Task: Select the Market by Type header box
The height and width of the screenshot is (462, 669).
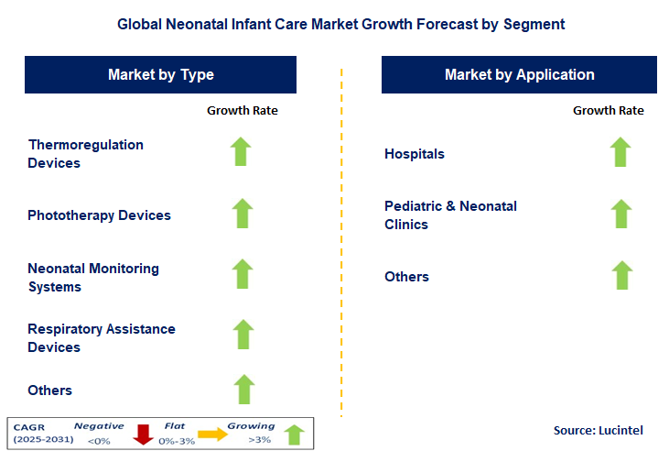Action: pyautogui.click(x=161, y=75)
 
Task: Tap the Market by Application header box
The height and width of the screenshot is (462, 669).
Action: pyautogui.click(x=519, y=75)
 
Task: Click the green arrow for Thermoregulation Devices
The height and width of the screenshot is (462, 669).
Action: pyautogui.click(x=242, y=152)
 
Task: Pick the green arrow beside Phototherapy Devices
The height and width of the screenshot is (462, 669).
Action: pyautogui.click(x=242, y=214)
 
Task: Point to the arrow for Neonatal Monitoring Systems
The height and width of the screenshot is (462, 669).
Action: pyautogui.click(x=242, y=274)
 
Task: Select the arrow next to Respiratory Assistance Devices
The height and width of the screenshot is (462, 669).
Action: pyautogui.click(x=242, y=335)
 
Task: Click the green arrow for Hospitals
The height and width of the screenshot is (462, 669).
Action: pyautogui.click(x=620, y=152)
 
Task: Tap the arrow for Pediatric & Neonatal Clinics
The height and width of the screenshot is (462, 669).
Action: pyautogui.click(x=620, y=214)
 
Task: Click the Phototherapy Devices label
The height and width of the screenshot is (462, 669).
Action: pyautogui.click(x=99, y=215)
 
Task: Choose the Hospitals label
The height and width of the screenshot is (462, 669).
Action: pyautogui.click(x=415, y=154)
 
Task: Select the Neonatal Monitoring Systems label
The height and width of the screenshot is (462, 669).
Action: pyautogui.click(x=93, y=278)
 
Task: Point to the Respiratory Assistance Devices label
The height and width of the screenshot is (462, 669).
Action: pyautogui.click(x=101, y=338)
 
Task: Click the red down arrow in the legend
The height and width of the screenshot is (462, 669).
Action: pyautogui.click(x=143, y=434)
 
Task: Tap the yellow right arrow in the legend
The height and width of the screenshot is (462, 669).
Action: pyautogui.click(x=213, y=434)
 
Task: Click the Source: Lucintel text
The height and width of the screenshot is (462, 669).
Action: pyautogui.click(x=599, y=430)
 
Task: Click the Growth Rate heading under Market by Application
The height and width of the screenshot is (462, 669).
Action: pyautogui.click(x=608, y=111)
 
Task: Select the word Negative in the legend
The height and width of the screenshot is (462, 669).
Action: pyautogui.click(x=98, y=426)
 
